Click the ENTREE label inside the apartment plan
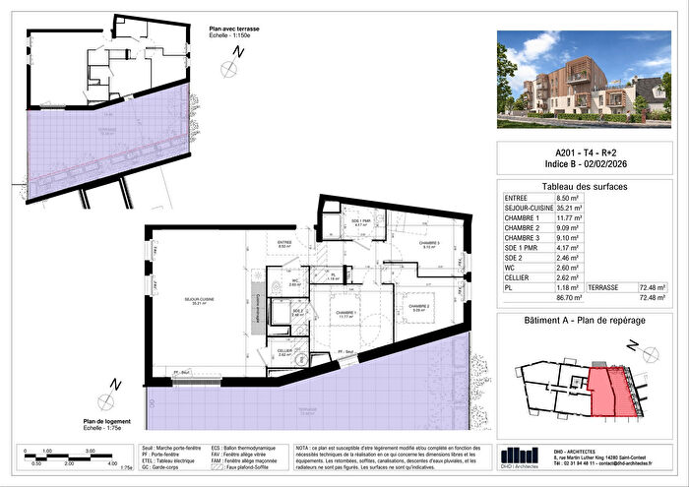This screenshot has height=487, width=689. [x=283, y=242]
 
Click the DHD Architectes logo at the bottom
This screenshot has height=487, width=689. [x=520, y=454]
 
